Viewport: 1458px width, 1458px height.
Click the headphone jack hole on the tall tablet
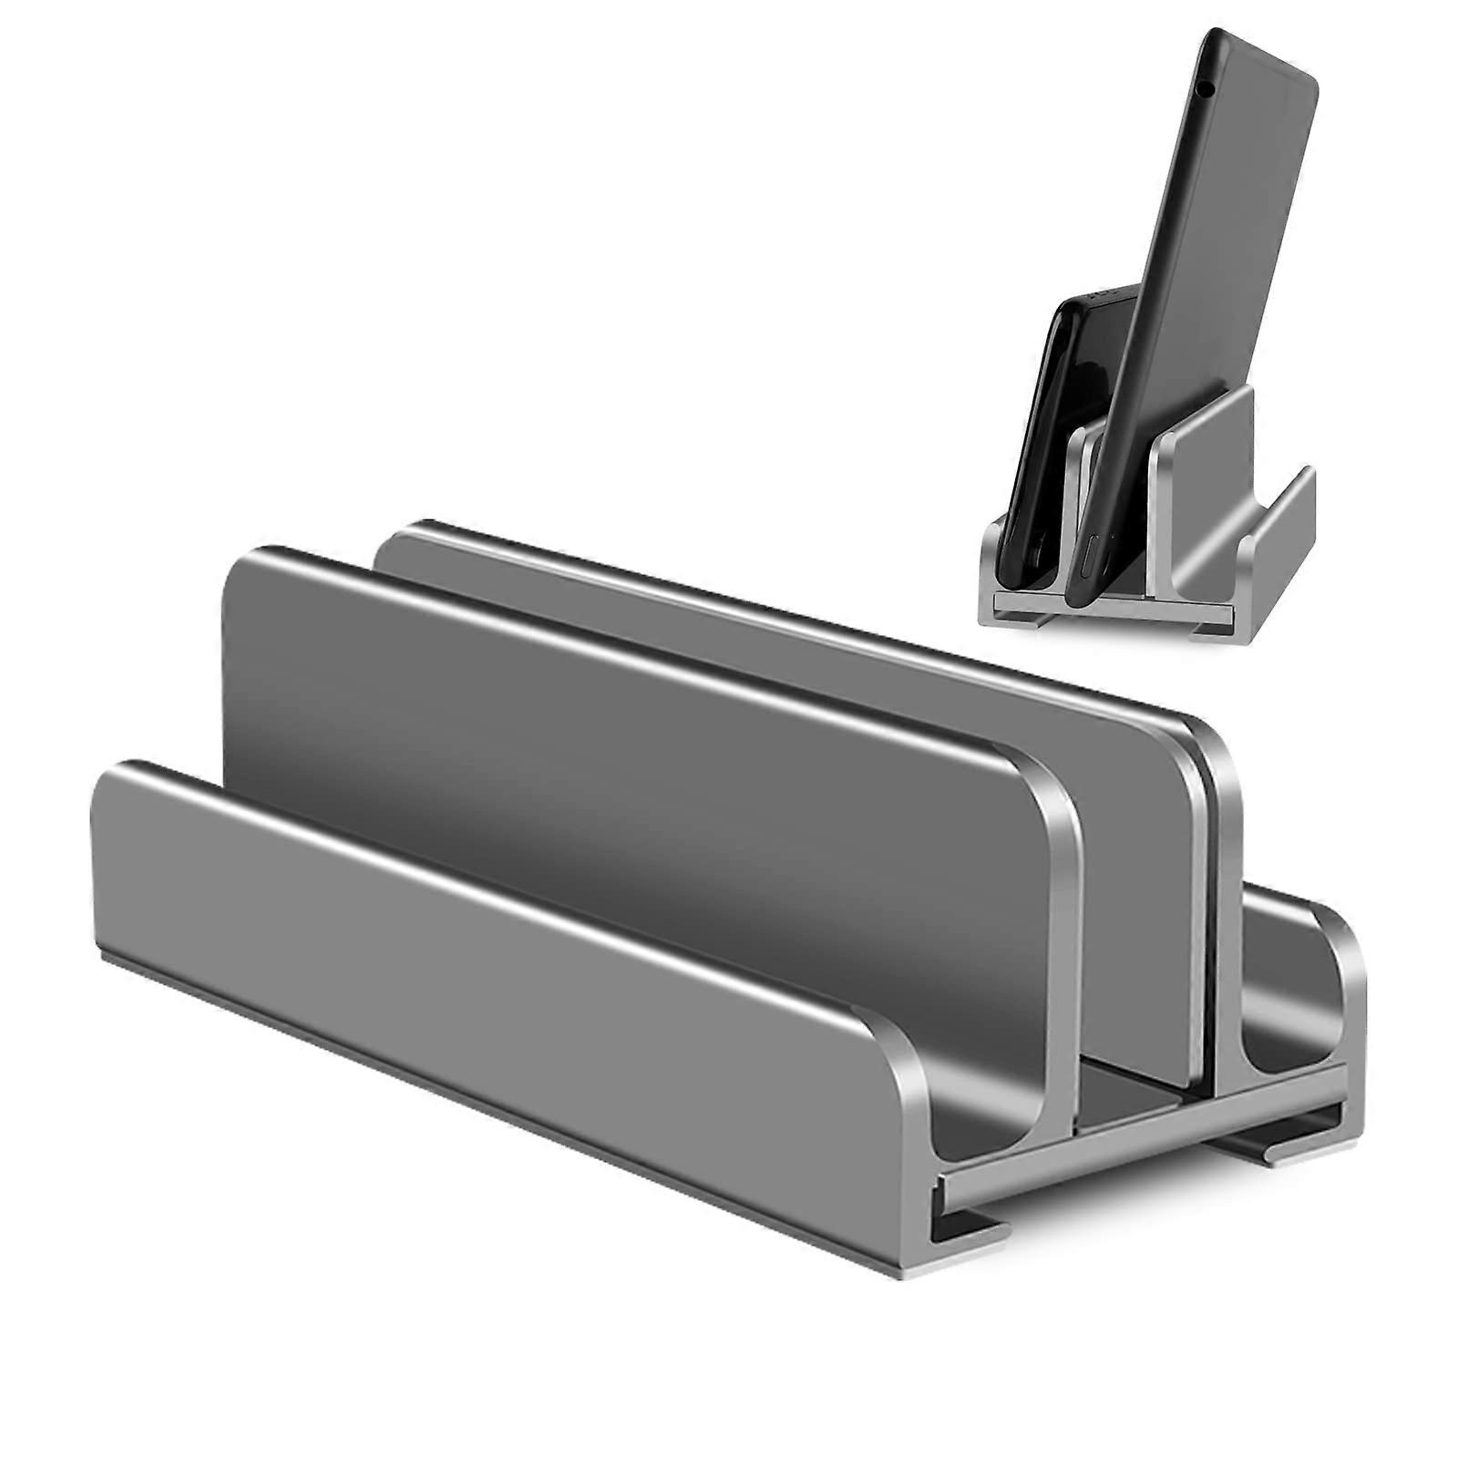(1206, 88)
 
